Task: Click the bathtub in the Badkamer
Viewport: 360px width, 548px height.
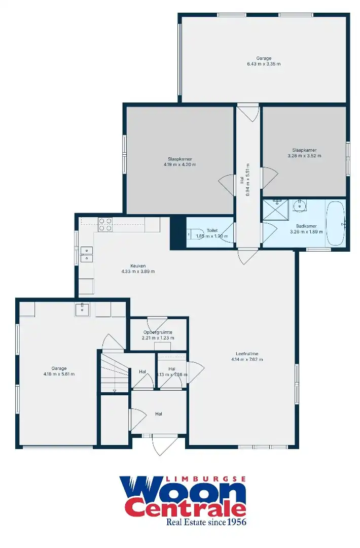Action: [335, 223]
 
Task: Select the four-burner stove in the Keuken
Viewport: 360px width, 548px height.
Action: [105, 224]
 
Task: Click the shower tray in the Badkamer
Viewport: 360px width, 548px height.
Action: [275, 210]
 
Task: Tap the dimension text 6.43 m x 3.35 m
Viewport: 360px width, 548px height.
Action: [264, 64]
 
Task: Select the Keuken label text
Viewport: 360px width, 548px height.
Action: [138, 265]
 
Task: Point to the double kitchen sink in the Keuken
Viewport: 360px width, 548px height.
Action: [87, 254]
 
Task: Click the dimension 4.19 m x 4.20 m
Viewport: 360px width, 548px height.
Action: [179, 164]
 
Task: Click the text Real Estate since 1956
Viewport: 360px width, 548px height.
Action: [206, 522]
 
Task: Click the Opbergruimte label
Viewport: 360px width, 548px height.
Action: [158, 332]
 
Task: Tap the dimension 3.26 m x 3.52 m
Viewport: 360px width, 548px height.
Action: [304, 156]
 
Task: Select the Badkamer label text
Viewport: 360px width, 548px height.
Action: [306, 226]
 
